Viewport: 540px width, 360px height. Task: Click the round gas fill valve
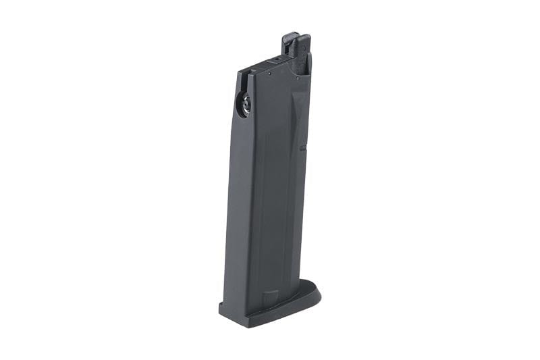243,104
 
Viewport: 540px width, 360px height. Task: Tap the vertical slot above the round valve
241,85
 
